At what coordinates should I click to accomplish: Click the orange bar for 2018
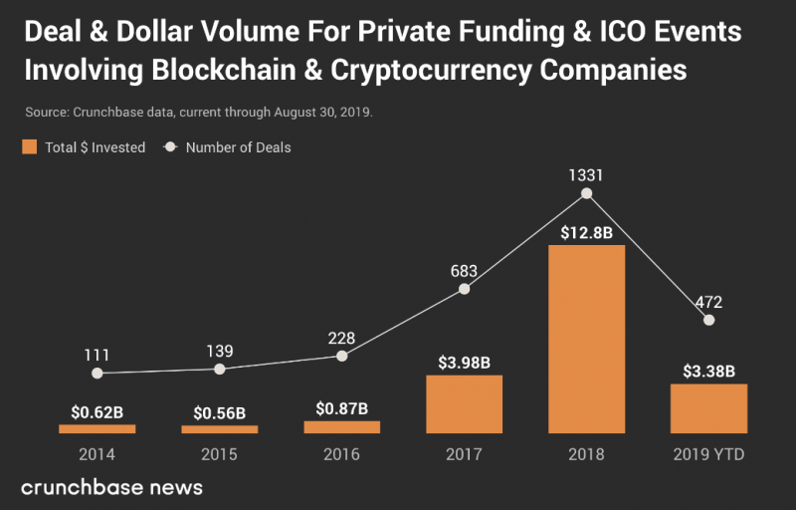[587, 339]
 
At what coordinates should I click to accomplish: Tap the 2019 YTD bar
[708, 407]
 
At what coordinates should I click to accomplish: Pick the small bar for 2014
[97, 428]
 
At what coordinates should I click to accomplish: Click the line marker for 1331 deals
[587, 194]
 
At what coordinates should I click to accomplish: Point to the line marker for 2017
[464, 289]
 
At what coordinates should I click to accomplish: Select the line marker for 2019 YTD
[708, 320]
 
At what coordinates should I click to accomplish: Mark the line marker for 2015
[220, 369]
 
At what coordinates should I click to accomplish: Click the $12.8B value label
[587, 233]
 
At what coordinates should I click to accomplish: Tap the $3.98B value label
[464, 363]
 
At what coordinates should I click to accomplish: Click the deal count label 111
[97, 355]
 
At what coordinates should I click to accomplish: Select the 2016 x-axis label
[342, 455]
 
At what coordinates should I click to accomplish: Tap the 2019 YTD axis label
[708, 455]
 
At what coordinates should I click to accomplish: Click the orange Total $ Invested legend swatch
[29, 147]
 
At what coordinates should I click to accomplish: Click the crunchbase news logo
[111, 487]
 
